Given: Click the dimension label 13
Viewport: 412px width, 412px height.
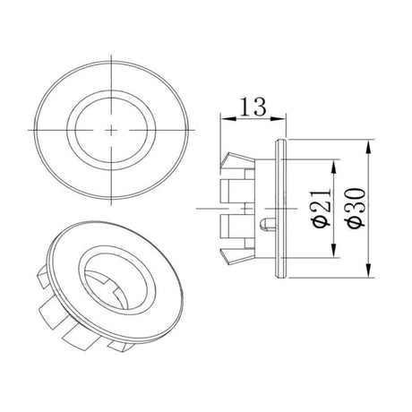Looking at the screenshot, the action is pos(253,107).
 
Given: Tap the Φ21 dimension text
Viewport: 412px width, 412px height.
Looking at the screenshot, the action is pos(322,208).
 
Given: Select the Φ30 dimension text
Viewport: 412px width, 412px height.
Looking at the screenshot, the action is pos(356,208).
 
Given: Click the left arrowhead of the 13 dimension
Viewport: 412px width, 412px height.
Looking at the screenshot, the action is pos(228,118).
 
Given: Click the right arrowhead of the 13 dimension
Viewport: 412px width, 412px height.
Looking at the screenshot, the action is pos(279,118).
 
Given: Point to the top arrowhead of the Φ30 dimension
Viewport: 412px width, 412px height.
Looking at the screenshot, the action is pos(369,147).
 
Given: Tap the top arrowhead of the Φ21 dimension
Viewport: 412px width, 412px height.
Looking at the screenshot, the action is pos(334,167).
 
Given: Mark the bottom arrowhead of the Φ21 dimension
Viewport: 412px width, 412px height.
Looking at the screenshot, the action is pos(334,250).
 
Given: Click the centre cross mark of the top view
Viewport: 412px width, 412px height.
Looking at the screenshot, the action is pos(111,130).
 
